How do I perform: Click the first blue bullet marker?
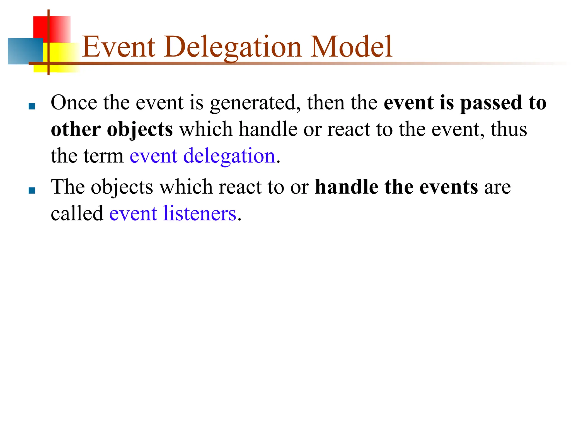pyautogui.click(x=32, y=106)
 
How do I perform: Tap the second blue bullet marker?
pyautogui.click(x=32, y=191)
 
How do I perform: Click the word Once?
pyautogui.click(x=74, y=103)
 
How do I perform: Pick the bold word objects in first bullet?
pyautogui.click(x=140, y=130)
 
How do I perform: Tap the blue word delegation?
pyautogui.click(x=229, y=156)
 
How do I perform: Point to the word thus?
pyautogui.click(x=509, y=130)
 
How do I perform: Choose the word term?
pyautogui.click(x=103, y=156)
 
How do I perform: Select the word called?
pyautogui.click(x=77, y=214)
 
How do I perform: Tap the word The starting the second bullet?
pyautogui.click(x=68, y=187)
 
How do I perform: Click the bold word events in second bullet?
pyautogui.click(x=449, y=187)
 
